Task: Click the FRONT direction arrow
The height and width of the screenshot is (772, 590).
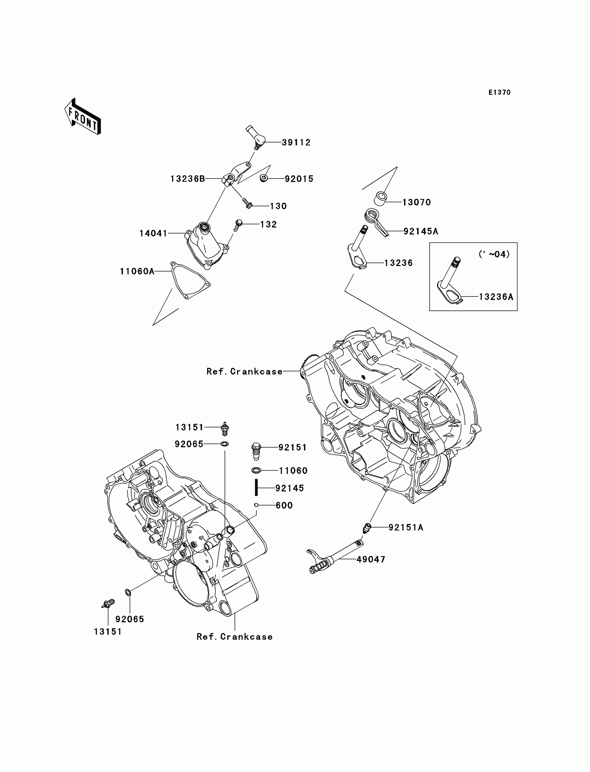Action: (83, 117)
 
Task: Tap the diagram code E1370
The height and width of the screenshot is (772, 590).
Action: (499, 92)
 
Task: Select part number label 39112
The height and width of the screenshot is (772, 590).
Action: (296, 142)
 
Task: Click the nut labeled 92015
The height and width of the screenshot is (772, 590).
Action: (264, 178)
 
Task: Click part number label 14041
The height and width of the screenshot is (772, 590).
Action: (153, 233)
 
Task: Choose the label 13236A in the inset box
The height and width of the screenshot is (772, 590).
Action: (496, 297)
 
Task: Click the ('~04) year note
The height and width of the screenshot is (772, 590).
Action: (494, 254)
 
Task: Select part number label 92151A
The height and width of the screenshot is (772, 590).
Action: (406, 528)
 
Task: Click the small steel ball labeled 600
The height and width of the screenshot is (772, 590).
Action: (256, 505)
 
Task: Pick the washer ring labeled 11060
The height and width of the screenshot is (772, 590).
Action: (257, 470)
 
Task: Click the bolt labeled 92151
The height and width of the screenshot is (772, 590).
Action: (256, 451)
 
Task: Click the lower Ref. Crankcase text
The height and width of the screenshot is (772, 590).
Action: (234, 637)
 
